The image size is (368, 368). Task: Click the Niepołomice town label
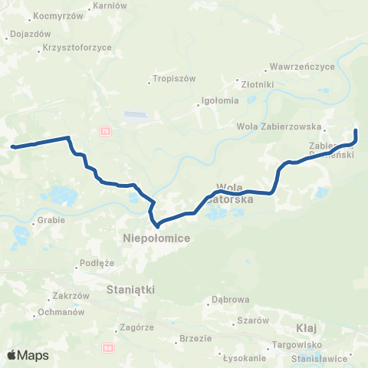156,239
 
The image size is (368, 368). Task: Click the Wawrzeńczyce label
304,67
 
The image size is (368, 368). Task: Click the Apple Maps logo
28,355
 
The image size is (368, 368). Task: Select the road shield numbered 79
104,131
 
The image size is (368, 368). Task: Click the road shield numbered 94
107,347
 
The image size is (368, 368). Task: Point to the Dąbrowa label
231,300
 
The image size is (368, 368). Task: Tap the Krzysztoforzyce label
77,48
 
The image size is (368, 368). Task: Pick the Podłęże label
96,265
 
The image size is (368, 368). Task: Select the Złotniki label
253,84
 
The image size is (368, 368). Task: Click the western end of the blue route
13,146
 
